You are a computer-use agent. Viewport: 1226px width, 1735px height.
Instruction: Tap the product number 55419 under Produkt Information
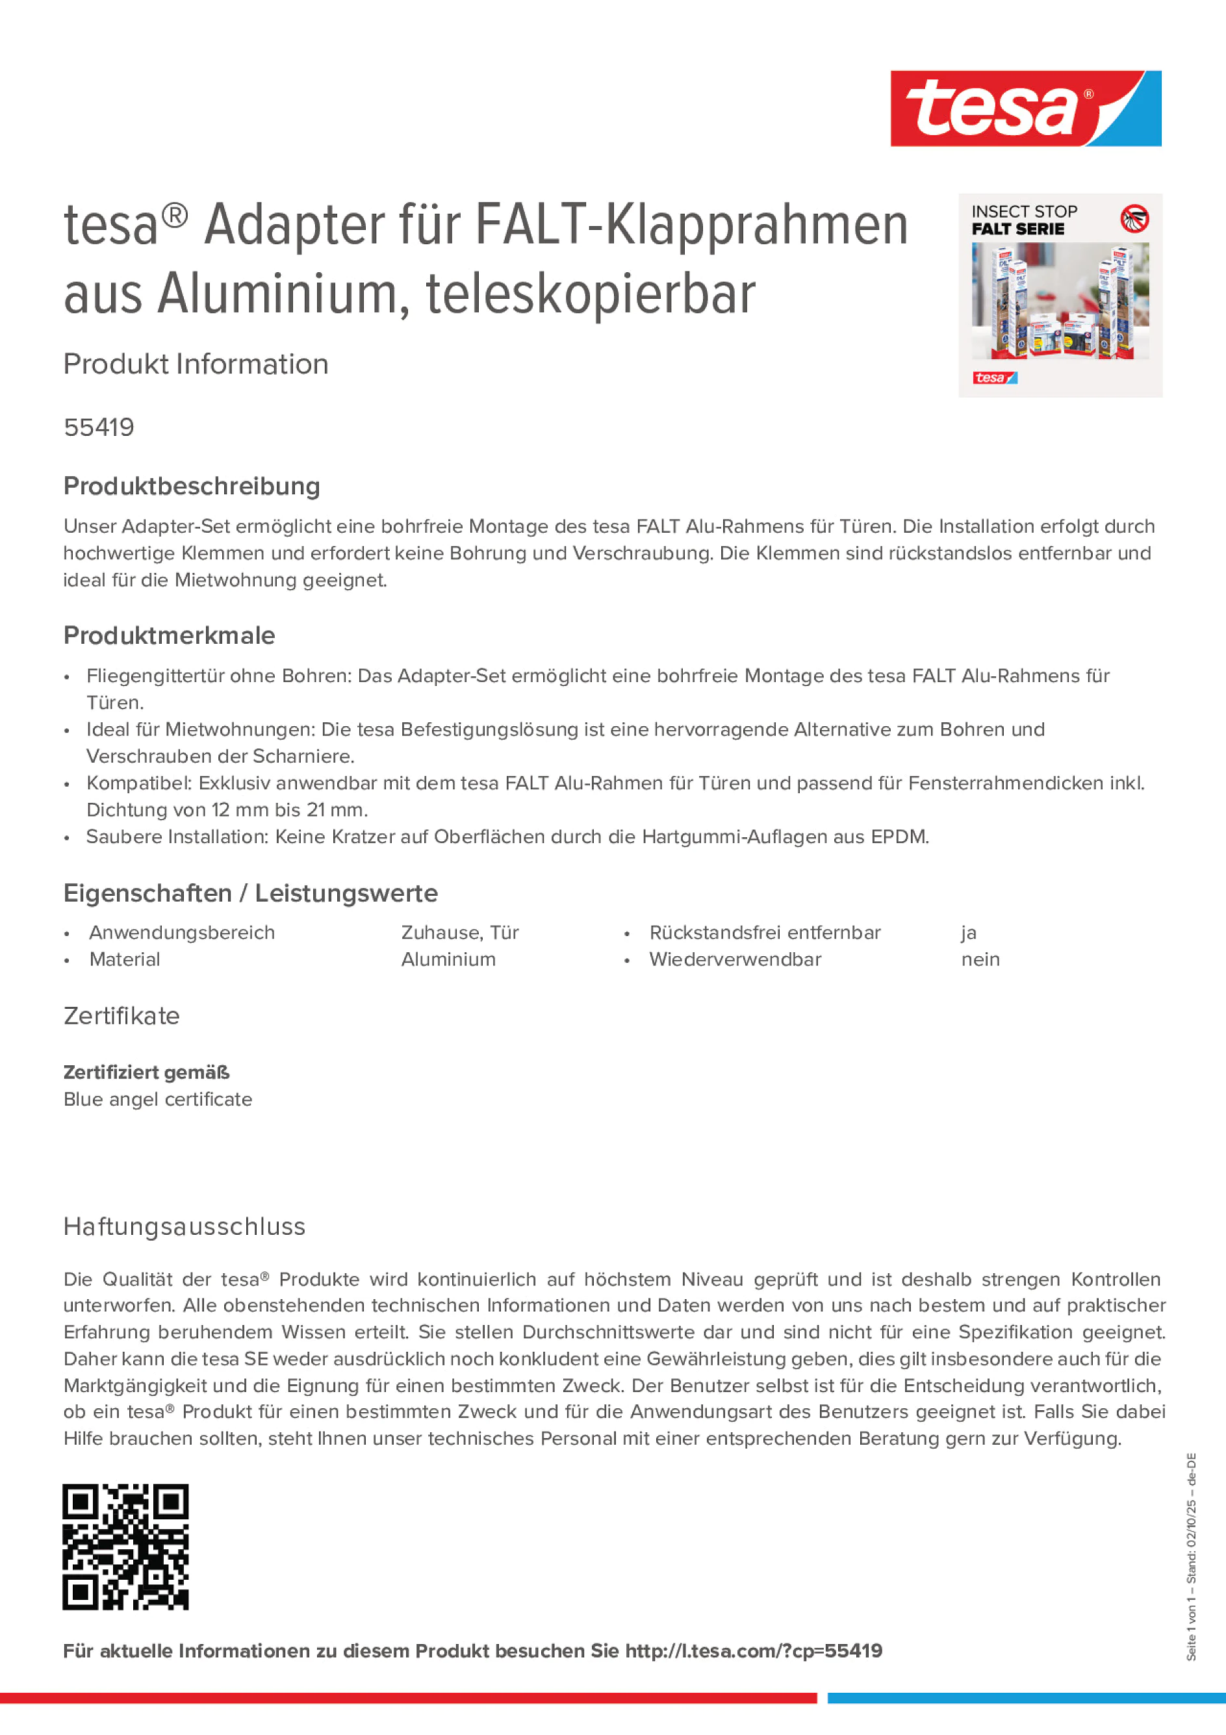[x=99, y=427]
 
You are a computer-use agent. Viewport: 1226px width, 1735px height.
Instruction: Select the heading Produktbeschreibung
[x=192, y=486]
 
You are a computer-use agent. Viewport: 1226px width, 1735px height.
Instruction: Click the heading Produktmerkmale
[x=170, y=635]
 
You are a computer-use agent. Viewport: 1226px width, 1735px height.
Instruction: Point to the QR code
[x=125, y=1547]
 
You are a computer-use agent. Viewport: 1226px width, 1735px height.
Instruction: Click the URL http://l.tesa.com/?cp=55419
[x=754, y=1651]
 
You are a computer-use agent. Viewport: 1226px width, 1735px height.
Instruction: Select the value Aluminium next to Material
[x=448, y=959]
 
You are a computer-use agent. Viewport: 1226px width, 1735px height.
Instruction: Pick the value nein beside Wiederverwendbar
[x=980, y=959]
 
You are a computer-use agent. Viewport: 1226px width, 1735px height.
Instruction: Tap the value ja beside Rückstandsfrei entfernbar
[x=969, y=933]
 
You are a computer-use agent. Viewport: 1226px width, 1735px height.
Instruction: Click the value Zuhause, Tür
[x=459, y=933]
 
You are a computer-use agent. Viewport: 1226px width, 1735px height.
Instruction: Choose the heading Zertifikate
[x=121, y=1017]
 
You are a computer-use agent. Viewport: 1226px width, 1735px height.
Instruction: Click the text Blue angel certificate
[x=158, y=1100]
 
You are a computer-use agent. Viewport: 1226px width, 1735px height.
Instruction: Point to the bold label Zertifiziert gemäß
[x=147, y=1072]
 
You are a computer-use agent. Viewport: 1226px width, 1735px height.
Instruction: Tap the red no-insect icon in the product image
[x=1134, y=219]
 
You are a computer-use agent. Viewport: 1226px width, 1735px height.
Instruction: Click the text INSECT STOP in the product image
[x=1024, y=212]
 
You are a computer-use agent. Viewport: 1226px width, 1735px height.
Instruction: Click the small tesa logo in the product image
[x=995, y=378]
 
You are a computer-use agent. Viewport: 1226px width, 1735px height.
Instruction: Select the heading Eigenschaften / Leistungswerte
[x=251, y=893]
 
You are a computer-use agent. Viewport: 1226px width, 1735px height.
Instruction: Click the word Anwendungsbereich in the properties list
[x=182, y=933]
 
